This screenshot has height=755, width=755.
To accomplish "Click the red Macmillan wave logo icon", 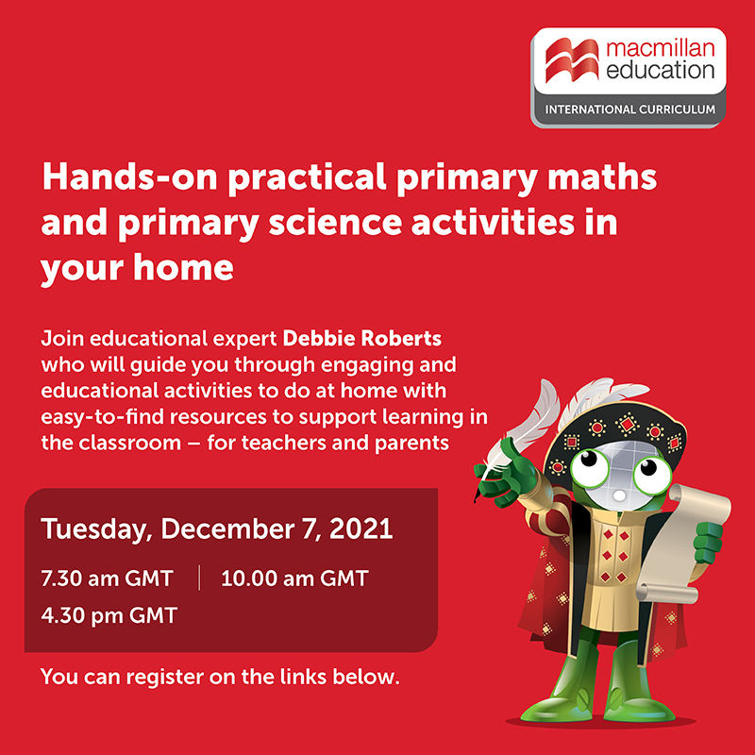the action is (x=572, y=60).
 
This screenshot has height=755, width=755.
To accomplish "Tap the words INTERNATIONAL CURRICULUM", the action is (x=629, y=109).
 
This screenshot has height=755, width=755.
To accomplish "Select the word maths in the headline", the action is (x=602, y=176).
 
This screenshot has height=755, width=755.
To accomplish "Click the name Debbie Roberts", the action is (x=362, y=339).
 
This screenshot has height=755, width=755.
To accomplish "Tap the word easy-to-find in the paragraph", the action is (x=102, y=416).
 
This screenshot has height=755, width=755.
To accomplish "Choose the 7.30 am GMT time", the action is (x=107, y=579).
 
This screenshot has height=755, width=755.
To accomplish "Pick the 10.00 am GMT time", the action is (x=294, y=579).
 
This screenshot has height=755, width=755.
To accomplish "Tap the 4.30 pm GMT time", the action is (x=109, y=615).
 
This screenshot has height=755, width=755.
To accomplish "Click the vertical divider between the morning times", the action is (x=199, y=578).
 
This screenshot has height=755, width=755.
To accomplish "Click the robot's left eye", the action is (x=589, y=466).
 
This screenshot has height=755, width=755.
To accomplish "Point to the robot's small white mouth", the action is (x=619, y=495).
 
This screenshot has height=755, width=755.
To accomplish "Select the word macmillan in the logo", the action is (x=660, y=49).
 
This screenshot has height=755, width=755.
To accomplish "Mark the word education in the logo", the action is (x=660, y=70).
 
